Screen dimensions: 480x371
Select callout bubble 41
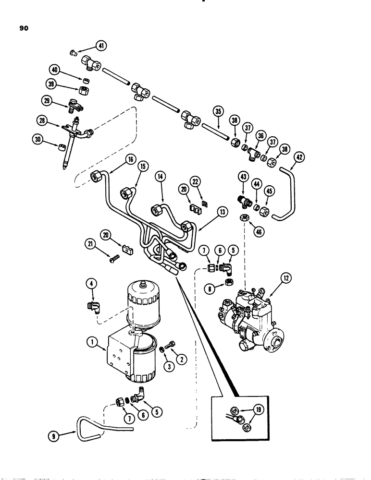tap(101, 46)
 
